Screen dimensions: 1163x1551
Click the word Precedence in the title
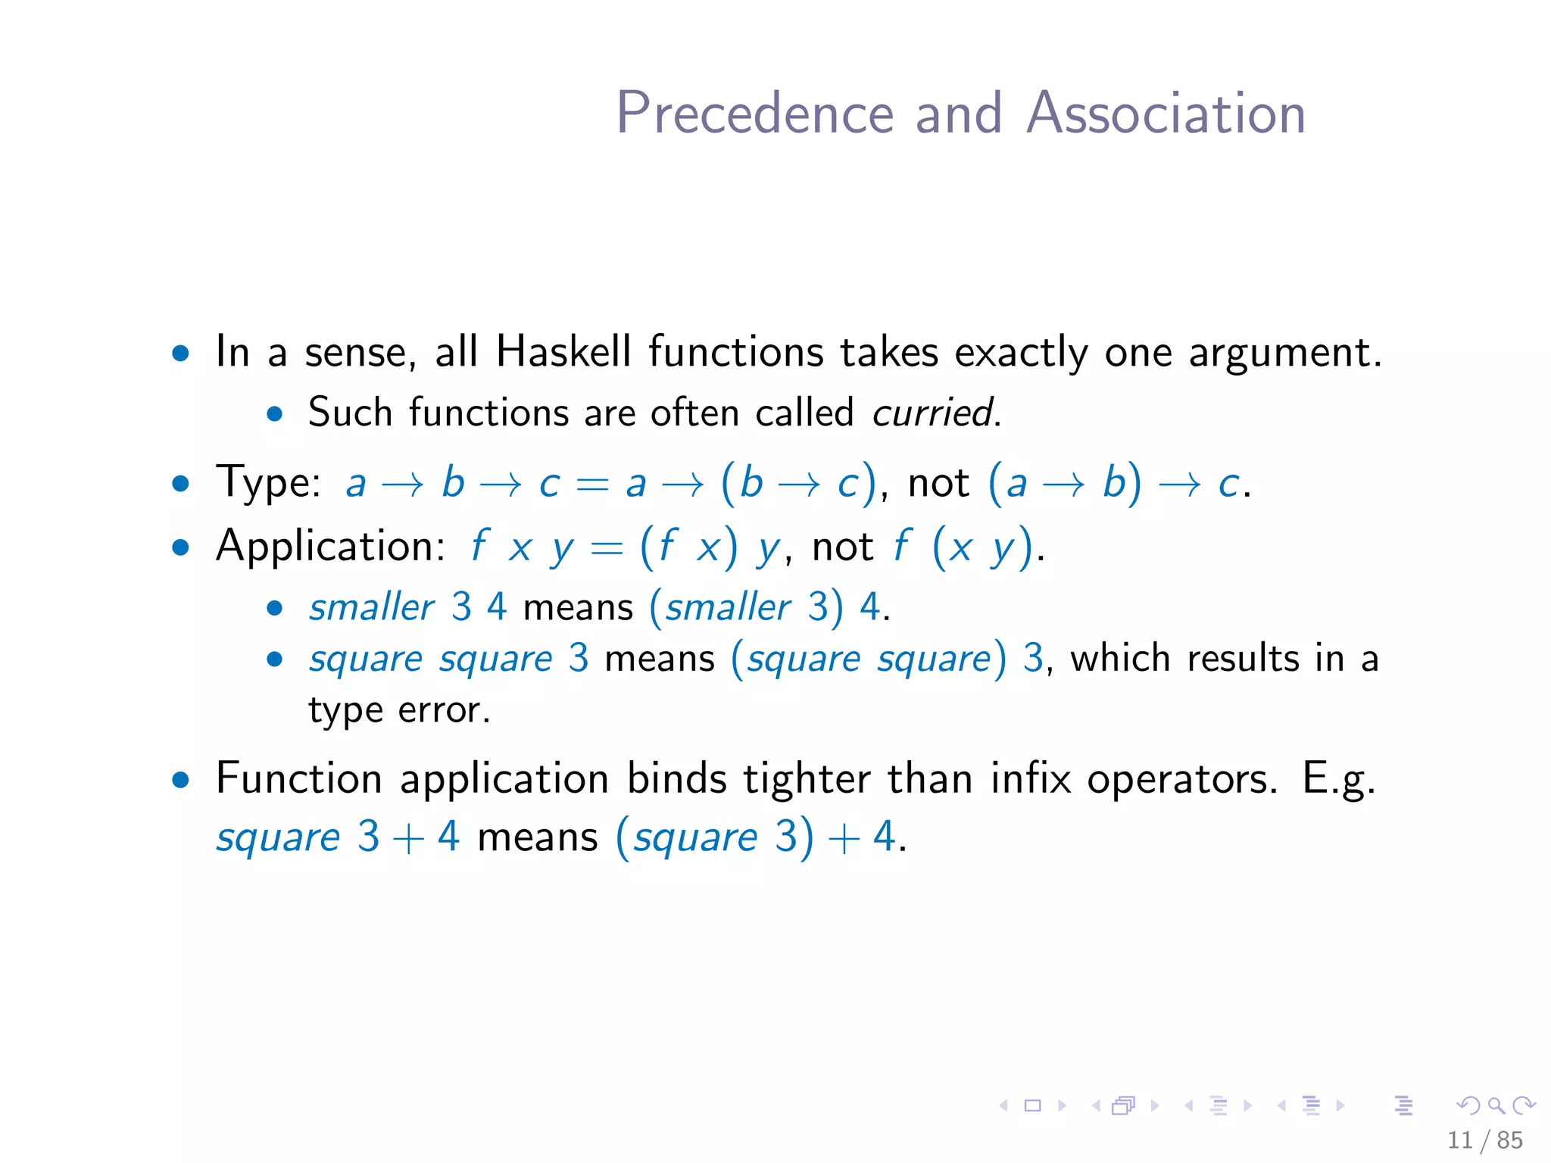755,114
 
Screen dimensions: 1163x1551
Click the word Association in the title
1166,114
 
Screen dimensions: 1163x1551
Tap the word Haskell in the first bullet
563,352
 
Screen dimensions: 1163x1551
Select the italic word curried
934,413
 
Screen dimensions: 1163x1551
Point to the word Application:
330,545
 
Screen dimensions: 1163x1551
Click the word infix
1031,778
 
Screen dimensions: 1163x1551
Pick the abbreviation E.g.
1337,780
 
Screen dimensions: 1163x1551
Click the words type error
398,710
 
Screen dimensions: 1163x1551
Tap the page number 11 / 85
1484,1140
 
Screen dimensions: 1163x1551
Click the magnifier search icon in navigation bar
1496,1105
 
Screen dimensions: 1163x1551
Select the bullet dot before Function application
180,780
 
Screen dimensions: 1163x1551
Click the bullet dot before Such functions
274,414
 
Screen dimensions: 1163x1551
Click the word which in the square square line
1119,658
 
